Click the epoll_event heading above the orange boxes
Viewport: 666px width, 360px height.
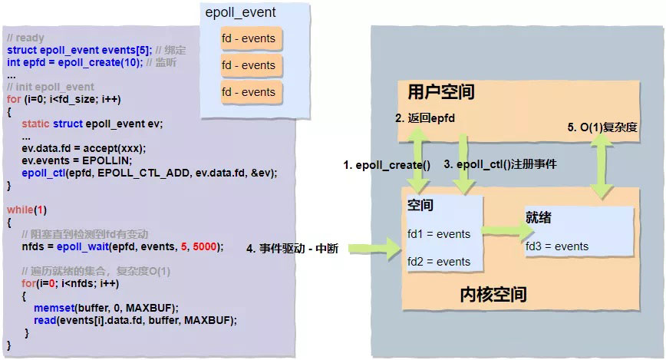241,12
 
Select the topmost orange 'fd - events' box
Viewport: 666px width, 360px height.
248,39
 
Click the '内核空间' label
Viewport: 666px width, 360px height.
493,294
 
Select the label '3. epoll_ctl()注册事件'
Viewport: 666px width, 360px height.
500,164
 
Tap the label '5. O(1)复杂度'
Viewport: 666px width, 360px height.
603,127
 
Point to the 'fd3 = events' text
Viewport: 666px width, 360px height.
557,246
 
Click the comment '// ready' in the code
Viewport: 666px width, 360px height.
25,38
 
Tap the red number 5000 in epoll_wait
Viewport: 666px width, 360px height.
209,246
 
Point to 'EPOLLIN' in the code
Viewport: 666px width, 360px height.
110,160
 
